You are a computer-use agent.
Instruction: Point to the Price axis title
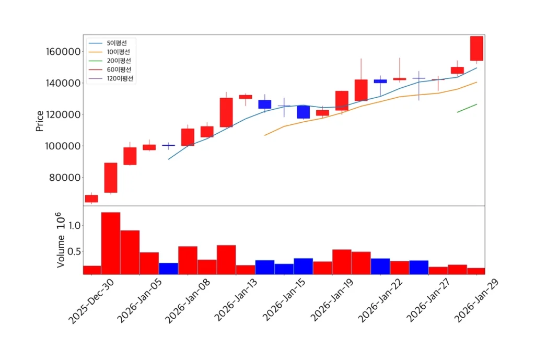40,121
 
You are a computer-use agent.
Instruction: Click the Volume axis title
61,251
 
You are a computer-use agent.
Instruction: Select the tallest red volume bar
110,243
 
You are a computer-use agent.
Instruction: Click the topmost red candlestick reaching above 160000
476,49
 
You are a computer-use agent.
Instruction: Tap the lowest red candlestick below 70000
91,199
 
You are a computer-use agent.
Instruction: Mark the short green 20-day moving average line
467,108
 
